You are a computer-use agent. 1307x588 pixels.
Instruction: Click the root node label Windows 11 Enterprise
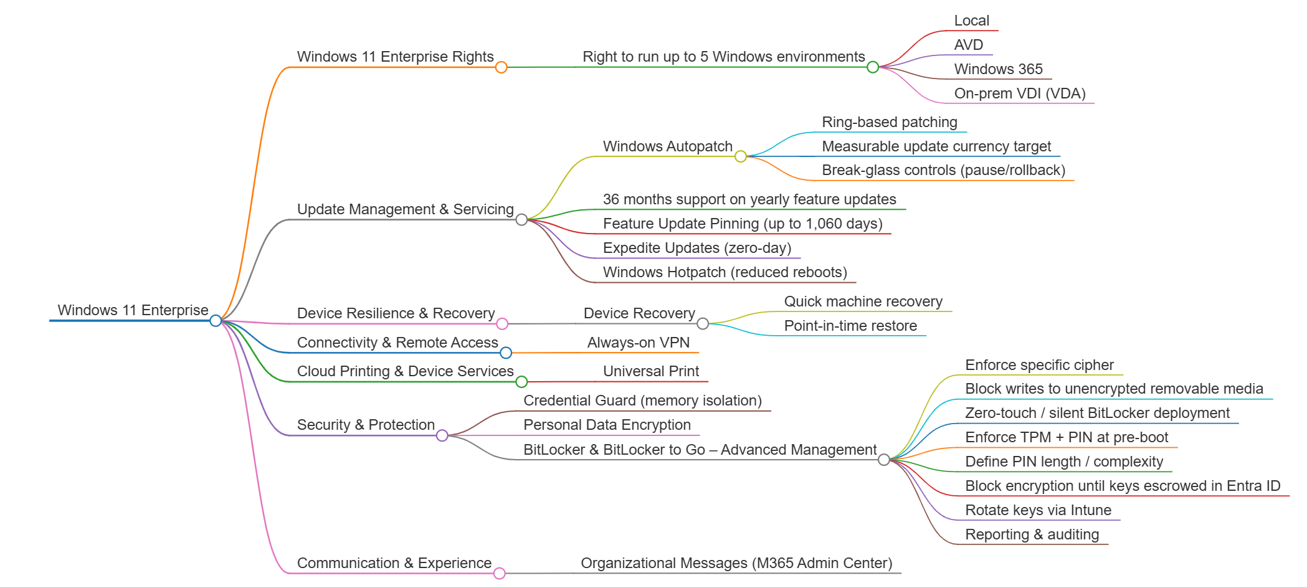[133, 310]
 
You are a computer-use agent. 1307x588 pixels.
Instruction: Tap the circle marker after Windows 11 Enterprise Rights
[501, 67]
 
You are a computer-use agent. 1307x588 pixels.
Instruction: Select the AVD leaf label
[968, 45]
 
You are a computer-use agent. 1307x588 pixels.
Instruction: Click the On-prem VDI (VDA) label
[1019, 93]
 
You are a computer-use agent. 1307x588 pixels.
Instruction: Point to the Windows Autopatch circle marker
[740, 156]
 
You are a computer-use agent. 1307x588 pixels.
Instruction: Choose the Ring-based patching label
[889, 122]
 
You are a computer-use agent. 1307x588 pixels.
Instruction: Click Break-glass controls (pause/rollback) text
[943, 170]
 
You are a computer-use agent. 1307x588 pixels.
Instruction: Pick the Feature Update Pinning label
[742, 224]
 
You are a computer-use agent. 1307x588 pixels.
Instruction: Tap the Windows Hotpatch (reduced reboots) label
[725, 272]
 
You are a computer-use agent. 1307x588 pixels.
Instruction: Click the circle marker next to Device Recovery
[703, 323]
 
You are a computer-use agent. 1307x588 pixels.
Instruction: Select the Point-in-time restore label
[850, 326]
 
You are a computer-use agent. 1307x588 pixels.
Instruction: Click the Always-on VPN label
[638, 343]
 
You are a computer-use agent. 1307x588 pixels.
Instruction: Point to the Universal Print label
[650, 371]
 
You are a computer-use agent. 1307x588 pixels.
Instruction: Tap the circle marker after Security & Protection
[442, 435]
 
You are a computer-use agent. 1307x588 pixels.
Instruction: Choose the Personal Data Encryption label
[607, 425]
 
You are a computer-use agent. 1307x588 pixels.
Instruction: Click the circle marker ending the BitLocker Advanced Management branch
[883, 460]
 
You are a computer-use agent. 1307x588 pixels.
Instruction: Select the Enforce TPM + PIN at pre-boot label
[1066, 437]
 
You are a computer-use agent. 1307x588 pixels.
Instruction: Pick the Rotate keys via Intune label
[1038, 510]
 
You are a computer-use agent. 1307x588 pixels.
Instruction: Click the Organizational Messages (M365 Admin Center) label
[736, 563]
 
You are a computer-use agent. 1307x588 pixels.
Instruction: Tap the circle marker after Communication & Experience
[499, 573]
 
